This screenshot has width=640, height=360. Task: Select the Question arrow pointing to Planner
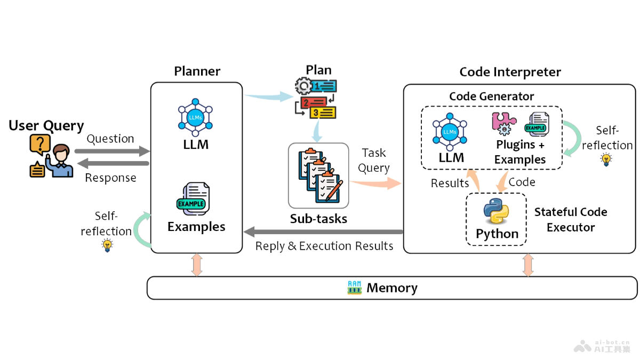tap(113, 151)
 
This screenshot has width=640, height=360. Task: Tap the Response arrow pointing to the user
tap(113, 165)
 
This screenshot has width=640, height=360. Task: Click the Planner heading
tap(197, 71)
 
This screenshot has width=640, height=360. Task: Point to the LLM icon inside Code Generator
tap(450, 131)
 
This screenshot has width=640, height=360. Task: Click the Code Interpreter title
tap(510, 72)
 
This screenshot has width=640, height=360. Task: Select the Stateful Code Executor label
tap(571, 220)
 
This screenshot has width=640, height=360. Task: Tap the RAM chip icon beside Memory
tap(355, 288)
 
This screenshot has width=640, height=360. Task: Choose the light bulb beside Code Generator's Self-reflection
tap(606, 159)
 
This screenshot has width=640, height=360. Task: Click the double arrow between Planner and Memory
tap(197, 265)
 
